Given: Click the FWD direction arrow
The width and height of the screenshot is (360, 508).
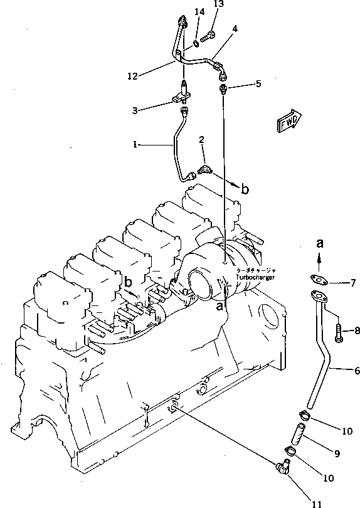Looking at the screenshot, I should pyautogui.click(x=289, y=121).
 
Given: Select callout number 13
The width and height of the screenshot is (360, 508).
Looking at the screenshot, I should pyautogui.click(x=218, y=4).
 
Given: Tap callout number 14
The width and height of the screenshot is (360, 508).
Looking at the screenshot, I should pyautogui.click(x=199, y=12).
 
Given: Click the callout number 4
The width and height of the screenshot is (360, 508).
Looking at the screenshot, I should pyautogui.click(x=235, y=28).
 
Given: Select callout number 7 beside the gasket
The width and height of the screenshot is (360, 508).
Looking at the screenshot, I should pyautogui.click(x=352, y=283).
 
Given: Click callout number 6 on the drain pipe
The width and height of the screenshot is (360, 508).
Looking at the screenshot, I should pyautogui.click(x=356, y=371).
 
